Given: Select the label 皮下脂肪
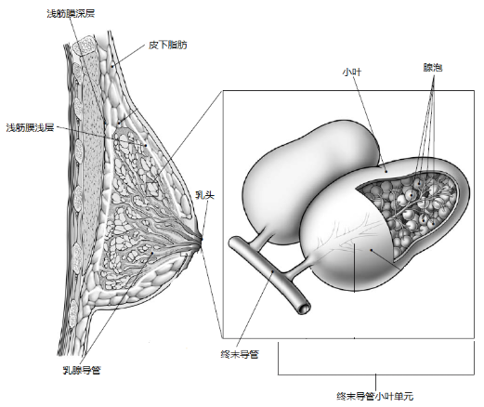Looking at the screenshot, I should pyautogui.click(x=167, y=44).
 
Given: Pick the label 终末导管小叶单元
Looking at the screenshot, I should pyautogui.click(x=375, y=395).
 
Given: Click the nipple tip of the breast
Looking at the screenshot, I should pyautogui.click(x=203, y=244).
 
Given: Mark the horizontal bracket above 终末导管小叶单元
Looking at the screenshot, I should pyautogui.click(x=375, y=372).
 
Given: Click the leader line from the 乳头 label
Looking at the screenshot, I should pyautogui.click(x=204, y=218).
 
